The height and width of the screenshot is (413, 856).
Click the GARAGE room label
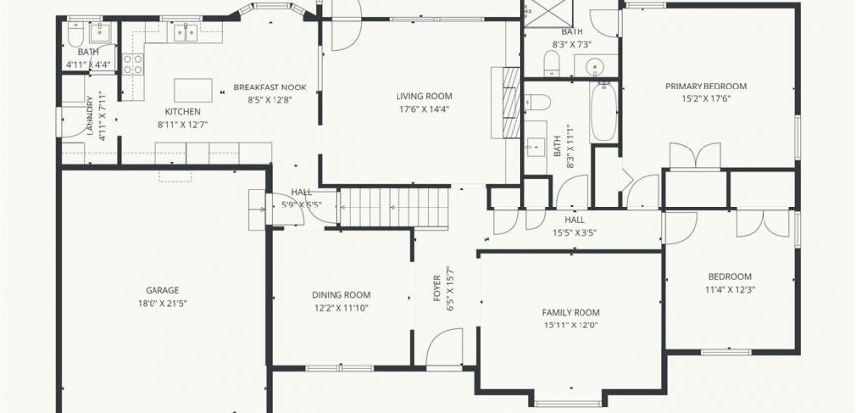coord(162,291)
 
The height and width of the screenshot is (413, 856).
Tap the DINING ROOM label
coord(341,295)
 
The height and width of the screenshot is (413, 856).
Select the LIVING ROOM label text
coord(424,97)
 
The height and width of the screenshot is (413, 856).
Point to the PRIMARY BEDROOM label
coord(705,87)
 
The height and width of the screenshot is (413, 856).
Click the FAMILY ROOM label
coord(571,313)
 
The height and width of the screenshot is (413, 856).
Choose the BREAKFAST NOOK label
coord(271,88)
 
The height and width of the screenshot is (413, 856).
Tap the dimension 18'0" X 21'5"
coord(162,304)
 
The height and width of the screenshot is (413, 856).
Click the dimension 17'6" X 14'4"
coord(424,109)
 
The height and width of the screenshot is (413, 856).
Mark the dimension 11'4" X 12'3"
coord(730,290)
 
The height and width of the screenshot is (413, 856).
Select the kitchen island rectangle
coord(193,90)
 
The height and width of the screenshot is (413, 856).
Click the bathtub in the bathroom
coord(604,112)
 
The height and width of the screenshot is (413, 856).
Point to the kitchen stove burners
coord(133,63)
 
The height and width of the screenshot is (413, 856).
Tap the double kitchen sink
coord(186,32)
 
